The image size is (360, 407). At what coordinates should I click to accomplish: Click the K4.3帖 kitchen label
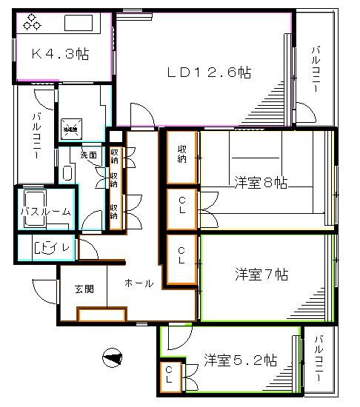tap(60, 54)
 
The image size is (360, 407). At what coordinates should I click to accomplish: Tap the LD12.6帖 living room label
tap(208, 73)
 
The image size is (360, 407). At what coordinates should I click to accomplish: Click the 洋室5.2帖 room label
tap(241, 362)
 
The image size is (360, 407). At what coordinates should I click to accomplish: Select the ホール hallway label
tap(139, 283)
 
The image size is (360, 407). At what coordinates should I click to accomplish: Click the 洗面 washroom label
tap(89, 156)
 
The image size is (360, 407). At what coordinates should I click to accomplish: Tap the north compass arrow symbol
tap(112, 358)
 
